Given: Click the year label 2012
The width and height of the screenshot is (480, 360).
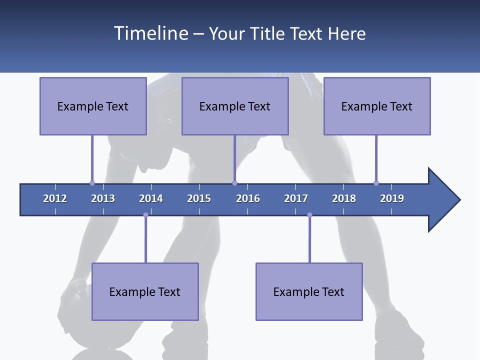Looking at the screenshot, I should [55, 198].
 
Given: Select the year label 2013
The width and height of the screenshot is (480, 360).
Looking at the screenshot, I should [103, 198].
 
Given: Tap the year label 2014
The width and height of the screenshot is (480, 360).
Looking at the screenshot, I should [151, 198].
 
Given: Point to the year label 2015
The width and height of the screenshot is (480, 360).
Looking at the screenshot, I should [199, 198].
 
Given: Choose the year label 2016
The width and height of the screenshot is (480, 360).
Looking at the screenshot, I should [248, 198].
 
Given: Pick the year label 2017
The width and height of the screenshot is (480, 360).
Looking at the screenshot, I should [296, 198].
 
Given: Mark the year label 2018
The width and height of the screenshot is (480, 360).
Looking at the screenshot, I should [344, 198].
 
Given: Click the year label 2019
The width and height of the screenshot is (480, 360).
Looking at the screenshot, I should [392, 198].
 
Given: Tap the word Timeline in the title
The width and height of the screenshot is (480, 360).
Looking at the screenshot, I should [151, 33].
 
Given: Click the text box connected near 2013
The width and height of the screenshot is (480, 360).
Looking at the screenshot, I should [93, 106].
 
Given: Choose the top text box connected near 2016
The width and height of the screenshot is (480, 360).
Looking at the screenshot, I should [235, 106].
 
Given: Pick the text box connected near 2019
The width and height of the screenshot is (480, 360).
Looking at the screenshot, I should [377, 106].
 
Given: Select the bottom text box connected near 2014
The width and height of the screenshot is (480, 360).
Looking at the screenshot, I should [145, 291].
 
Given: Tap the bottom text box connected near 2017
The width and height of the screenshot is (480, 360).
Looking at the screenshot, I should [309, 291].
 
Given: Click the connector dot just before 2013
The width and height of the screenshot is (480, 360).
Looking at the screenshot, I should [92, 183].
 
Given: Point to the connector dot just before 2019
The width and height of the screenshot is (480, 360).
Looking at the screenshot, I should [376, 183].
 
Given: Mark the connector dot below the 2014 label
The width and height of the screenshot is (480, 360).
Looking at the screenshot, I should [145, 215].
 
